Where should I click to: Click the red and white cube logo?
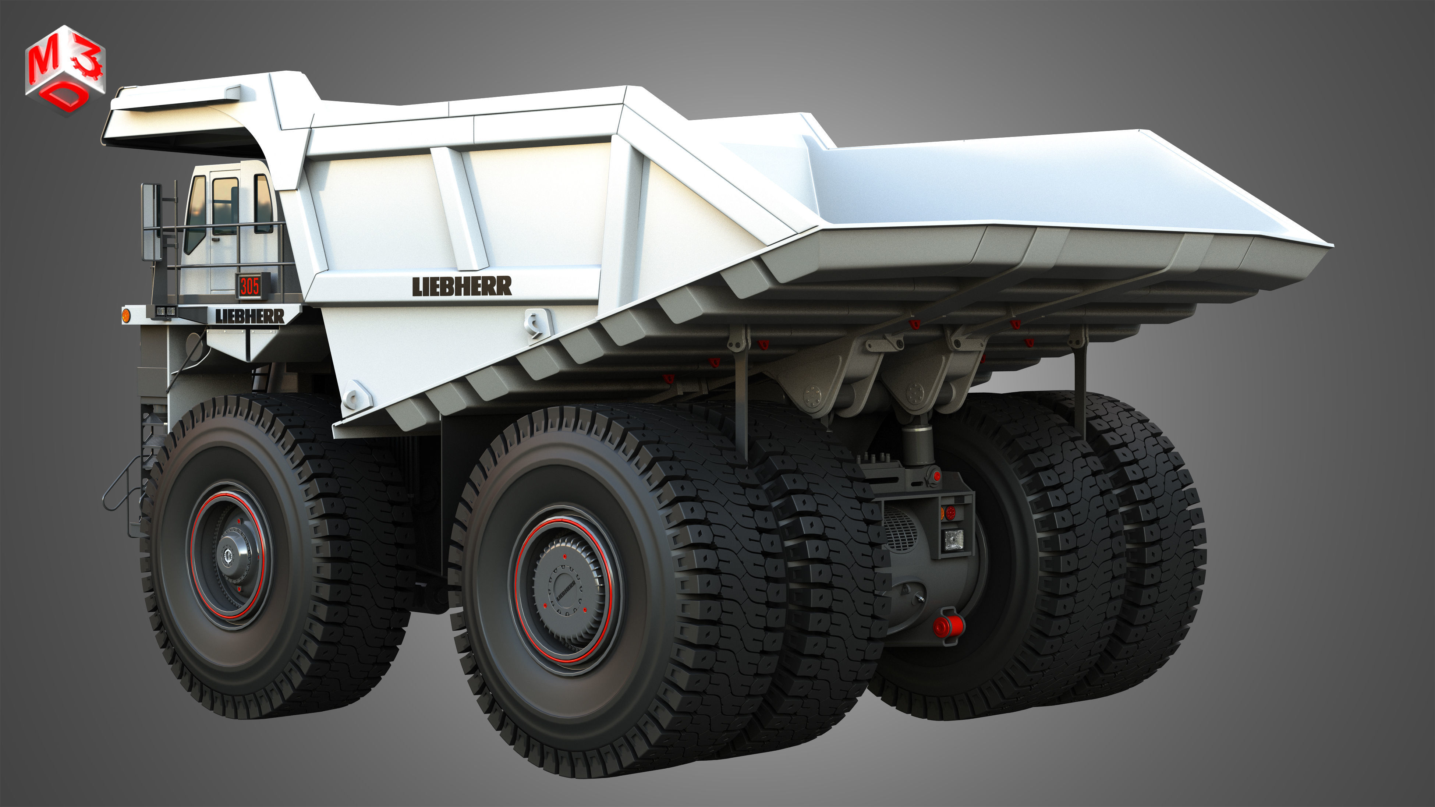tap(65, 70)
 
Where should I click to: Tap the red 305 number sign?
tap(250, 286)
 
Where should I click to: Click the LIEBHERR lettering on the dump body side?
tap(461, 286)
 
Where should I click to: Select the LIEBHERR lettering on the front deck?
tap(249, 316)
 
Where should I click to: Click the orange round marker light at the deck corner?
tap(126, 316)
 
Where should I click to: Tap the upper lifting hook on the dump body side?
tap(536, 325)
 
